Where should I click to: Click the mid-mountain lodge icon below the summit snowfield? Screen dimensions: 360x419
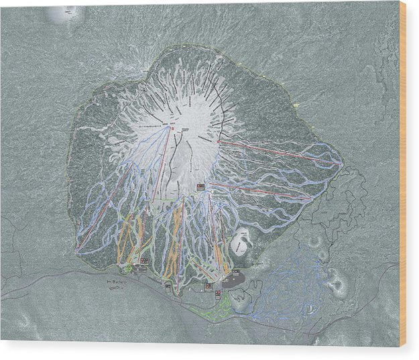tap(200, 186)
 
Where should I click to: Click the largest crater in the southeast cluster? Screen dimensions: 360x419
tap(339, 284)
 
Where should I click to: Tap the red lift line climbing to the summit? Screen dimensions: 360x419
tap(161, 168)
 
